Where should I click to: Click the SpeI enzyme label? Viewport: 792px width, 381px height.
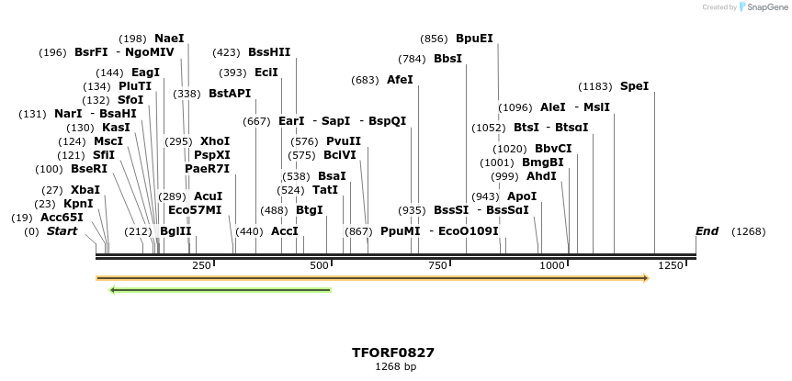(634, 86)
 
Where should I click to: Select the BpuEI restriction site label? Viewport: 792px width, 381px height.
(474, 39)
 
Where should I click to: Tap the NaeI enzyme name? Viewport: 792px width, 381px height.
(169, 39)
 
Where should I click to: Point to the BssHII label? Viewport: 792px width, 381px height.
(269, 52)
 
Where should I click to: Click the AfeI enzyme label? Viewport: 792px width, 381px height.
(400, 80)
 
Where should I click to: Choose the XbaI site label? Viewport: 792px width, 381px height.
(85, 190)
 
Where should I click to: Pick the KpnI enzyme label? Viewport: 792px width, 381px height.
(78, 204)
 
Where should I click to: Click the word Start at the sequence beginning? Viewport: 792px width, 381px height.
(62, 231)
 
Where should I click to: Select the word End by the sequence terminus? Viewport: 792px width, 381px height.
(707, 231)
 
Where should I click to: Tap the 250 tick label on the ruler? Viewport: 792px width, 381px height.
(201, 265)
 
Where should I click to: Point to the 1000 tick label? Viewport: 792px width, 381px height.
(552, 265)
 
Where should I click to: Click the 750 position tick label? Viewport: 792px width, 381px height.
(437, 265)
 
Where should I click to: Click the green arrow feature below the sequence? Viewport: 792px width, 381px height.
(220, 290)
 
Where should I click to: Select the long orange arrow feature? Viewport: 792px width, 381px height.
(372, 278)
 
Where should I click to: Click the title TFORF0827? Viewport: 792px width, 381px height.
(393, 353)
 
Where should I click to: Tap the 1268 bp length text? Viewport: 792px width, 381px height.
(395, 367)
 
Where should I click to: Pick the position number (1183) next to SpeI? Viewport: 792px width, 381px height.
(594, 86)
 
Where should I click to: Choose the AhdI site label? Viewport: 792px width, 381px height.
(541, 176)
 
